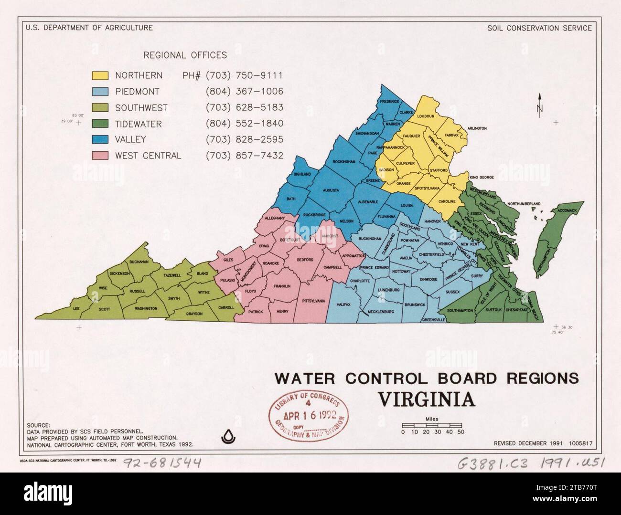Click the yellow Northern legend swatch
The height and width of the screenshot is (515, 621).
pos(100,75)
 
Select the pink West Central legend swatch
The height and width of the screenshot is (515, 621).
pos(100,156)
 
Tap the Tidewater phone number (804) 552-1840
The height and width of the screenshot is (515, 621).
pos(245,124)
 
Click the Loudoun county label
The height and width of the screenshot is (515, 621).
pos(425,116)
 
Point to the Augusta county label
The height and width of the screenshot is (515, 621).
pos(331,190)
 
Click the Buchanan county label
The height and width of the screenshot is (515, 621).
pos(139,262)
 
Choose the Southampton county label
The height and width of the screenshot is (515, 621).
pos(460,310)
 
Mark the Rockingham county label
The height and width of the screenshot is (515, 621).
pos(344,162)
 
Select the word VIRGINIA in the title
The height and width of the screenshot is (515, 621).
pos(427,399)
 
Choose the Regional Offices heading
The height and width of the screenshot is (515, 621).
pos(185,55)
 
